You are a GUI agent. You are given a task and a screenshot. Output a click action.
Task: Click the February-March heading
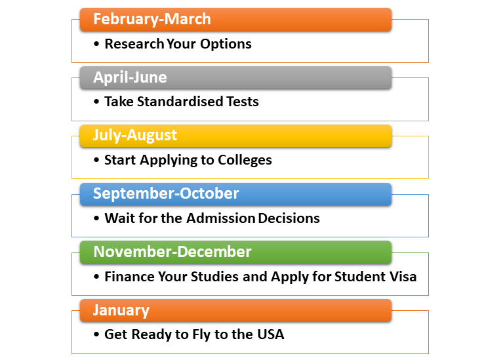[x=152, y=19]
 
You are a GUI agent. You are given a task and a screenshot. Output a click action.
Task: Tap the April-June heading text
[x=130, y=77]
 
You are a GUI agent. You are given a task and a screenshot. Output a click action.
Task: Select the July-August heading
[x=135, y=136]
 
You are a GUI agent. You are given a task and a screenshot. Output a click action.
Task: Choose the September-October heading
[x=166, y=193]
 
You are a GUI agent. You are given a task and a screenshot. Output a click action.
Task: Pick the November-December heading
[x=172, y=252]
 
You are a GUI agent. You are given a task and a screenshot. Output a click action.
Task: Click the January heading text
[x=121, y=310]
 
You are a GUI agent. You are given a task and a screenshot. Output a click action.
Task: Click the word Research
[x=134, y=44]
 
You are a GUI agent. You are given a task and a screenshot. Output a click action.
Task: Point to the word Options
[x=226, y=45]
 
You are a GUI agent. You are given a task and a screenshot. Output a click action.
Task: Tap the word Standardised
[x=180, y=102]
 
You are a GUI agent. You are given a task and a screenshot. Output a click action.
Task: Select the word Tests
[x=243, y=102]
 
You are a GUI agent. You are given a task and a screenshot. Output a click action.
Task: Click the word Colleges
[x=245, y=161]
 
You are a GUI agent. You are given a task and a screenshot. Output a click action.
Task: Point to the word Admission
[x=221, y=218]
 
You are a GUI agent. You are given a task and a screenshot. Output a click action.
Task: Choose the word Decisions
[x=289, y=218]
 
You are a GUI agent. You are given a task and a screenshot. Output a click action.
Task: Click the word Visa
[x=403, y=277]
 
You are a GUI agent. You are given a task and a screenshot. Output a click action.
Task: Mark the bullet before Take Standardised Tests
[x=96, y=102]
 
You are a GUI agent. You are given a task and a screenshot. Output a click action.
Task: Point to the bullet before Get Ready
[x=96, y=335]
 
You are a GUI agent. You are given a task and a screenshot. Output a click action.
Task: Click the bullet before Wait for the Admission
[x=96, y=218]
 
